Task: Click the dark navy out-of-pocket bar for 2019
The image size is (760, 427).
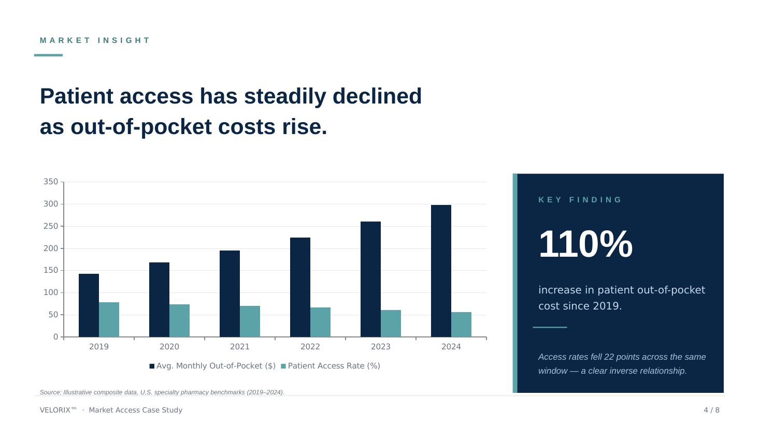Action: pos(89,305)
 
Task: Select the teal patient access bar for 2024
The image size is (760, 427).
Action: pos(461,325)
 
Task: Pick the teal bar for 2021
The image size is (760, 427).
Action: pos(250,321)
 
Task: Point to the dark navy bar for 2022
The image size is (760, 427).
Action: pos(300,287)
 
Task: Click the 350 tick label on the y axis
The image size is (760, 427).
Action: pos(51,182)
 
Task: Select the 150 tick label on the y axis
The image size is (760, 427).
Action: pos(51,270)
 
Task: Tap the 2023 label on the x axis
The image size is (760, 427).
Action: pos(381,347)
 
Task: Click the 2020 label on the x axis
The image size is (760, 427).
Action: pos(169,347)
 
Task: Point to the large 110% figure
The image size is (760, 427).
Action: pos(585,244)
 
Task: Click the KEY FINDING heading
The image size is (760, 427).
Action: pos(580,200)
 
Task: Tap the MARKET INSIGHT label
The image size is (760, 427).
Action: pos(95,40)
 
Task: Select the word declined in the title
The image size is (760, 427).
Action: pos(377,96)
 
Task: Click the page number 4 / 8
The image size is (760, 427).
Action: pos(711,410)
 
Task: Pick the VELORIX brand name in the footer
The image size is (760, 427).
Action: pos(58,410)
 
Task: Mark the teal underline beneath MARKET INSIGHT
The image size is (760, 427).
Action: pos(48,55)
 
